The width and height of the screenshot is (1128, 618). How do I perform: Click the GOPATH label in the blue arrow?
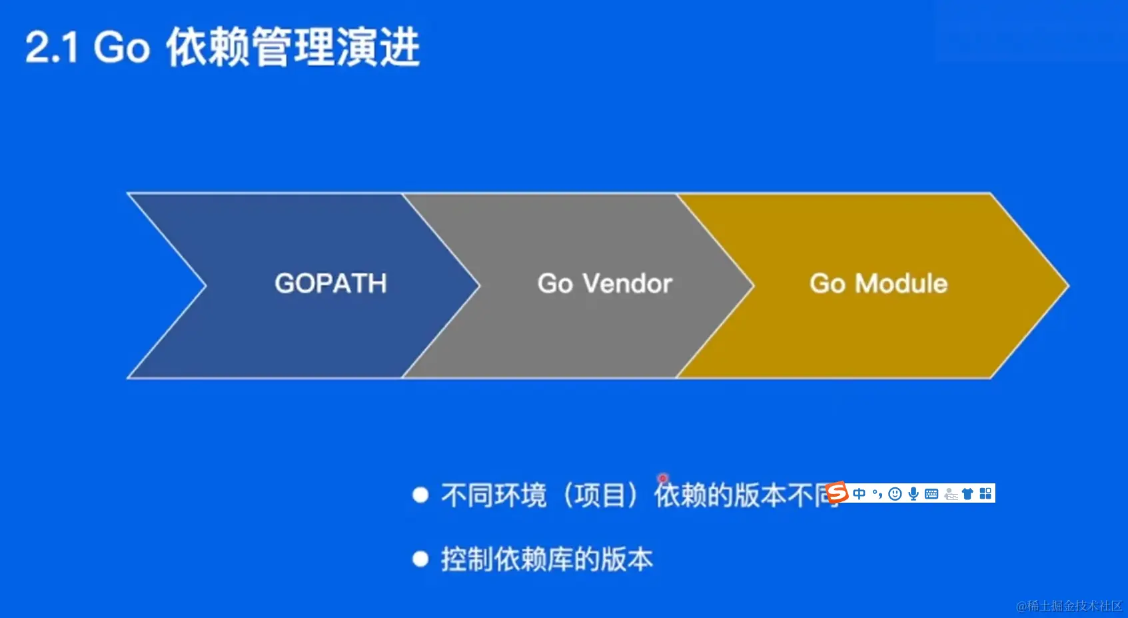pos(331,283)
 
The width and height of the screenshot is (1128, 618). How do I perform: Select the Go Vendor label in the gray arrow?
pos(605,283)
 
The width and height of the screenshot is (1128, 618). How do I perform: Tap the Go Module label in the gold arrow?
pos(879,283)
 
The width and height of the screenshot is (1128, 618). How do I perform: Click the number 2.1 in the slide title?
pos(52,48)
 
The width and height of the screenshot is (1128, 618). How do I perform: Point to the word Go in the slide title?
pos(122,48)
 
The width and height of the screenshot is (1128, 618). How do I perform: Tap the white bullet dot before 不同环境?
pos(420,495)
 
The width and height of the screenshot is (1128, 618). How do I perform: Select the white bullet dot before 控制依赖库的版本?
pos(420,559)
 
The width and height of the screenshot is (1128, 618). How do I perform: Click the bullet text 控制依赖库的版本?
pos(547,559)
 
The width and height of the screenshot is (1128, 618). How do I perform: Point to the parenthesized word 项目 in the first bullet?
pos(600,495)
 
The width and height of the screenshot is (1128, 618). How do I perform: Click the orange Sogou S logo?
pos(838,492)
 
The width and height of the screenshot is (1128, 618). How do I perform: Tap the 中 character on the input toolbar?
pos(859,493)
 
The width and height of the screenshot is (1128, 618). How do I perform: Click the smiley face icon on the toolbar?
pos(895,493)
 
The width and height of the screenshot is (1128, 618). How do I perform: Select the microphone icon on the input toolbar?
pos(913,493)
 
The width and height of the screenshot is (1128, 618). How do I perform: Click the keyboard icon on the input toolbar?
pos(931,493)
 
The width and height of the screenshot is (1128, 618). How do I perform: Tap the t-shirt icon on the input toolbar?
pos(967,493)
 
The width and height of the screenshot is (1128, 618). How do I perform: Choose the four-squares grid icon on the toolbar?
pos(985,493)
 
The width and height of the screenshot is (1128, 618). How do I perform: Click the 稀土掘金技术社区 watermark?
pos(1069,605)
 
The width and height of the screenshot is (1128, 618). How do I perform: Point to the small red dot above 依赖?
pos(663,478)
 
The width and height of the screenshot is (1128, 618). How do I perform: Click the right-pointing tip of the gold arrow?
pos(1069,286)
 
